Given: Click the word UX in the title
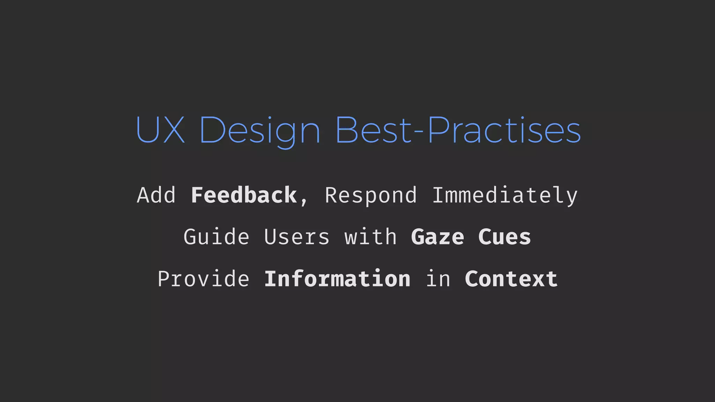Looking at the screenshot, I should [160, 130].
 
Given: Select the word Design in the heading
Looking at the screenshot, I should [260, 131].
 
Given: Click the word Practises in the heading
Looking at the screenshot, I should [504, 130].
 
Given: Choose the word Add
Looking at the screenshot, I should [156, 195].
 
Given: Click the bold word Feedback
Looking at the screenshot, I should [244, 195].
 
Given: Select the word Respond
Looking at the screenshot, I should [371, 196].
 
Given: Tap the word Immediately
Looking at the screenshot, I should [505, 196].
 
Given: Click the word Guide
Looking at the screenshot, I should [216, 237].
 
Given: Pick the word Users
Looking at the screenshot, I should [297, 237].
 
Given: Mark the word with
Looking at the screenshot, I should [371, 237].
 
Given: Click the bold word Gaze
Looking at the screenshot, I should [437, 237].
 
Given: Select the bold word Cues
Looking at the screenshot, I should [504, 237].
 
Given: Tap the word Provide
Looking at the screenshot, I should [203, 279].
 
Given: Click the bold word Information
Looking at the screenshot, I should [337, 279].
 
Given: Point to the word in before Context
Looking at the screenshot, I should [438, 279].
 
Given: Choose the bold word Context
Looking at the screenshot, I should [511, 279].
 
